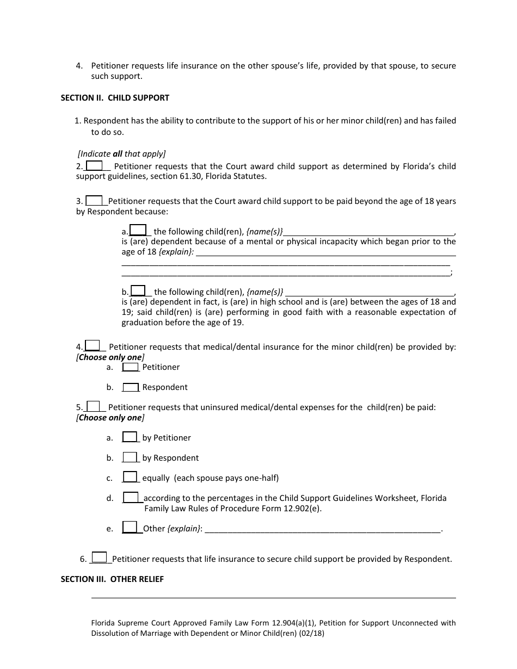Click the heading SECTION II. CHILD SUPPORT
[115, 98]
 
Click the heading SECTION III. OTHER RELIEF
[112, 579]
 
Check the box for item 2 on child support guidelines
[94, 166]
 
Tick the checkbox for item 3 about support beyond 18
[94, 201]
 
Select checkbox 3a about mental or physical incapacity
[138, 231]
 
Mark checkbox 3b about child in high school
[138, 291]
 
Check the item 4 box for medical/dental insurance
[93, 346]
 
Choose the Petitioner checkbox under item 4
[131, 367]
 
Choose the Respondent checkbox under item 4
[131, 387]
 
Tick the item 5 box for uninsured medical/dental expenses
[94, 406]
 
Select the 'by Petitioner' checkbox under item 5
[130, 437]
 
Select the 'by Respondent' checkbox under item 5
[130, 457]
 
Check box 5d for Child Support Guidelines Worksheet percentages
[131, 497]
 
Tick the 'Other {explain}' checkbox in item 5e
[130, 527]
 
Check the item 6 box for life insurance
[99, 557]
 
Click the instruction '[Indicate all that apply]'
[122, 154]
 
